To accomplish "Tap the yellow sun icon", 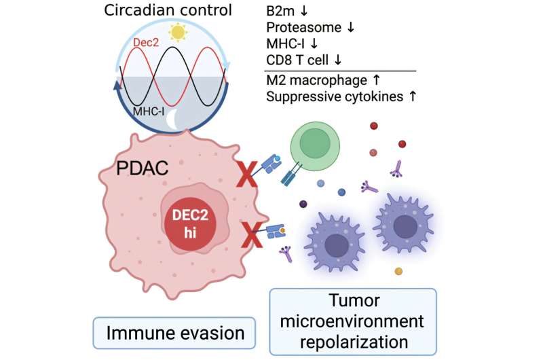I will pos(178,32).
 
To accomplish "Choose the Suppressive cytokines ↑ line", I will pos(341,97).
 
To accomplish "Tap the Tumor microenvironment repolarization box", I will pos(352,321).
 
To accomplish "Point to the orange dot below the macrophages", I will pos(398,272).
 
